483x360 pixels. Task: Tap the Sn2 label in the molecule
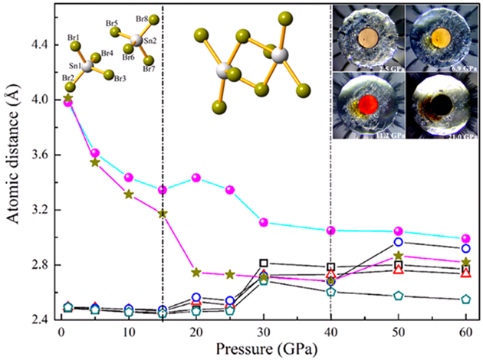pyautogui.click(x=150, y=41)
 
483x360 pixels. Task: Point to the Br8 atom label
pyautogui.click(x=142, y=19)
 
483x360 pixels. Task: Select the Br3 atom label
pyautogui.click(x=120, y=79)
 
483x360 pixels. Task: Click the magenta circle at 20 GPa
pyautogui.click(x=196, y=178)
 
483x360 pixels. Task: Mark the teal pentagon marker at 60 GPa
pyautogui.click(x=466, y=299)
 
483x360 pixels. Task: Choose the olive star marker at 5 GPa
pyautogui.click(x=95, y=162)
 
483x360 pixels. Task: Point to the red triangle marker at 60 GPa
pyautogui.click(x=466, y=272)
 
